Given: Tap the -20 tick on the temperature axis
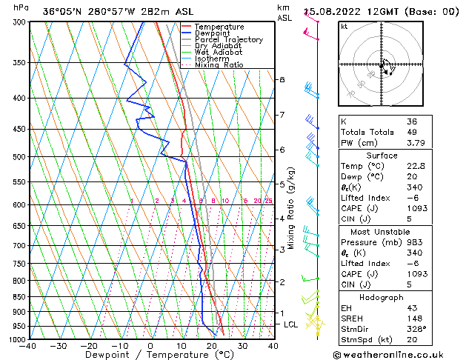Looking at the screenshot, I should tap(89, 346).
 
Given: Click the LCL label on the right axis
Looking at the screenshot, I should tap(290, 324).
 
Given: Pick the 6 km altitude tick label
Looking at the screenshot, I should tap(282, 150).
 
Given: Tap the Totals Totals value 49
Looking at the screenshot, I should tap(412, 133).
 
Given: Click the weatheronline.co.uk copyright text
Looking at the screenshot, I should tap(398, 355).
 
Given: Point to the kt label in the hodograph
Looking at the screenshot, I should tap(344, 26).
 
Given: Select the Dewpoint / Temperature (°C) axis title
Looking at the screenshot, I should tap(150, 355).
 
